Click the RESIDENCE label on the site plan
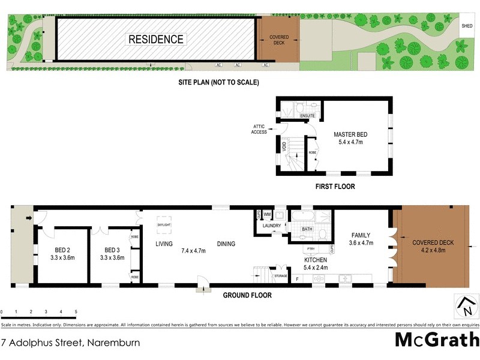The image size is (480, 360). coord(156,40)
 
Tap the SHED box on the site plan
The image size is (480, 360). coord(467,26)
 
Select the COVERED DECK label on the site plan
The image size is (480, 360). coord(278,40)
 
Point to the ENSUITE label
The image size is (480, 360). coord(308,115)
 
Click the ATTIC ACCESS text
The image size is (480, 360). coord(259,129)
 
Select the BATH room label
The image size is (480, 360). coord(307,229)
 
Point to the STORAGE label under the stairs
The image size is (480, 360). coord(281,277)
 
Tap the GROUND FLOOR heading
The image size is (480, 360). coord(247,295)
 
